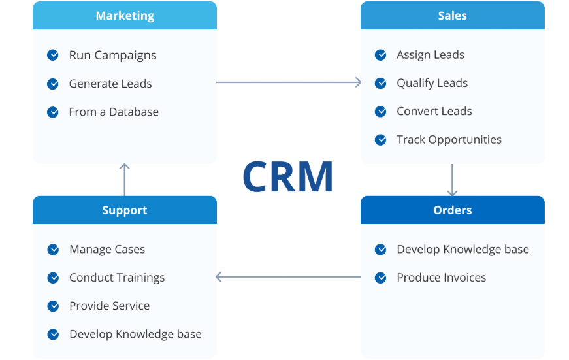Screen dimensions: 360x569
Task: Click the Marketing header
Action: (124, 16)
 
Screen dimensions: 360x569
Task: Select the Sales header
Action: (452, 16)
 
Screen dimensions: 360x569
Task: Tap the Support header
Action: (124, 210)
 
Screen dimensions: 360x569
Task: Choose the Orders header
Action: (452, 210)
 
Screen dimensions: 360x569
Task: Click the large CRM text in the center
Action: (288, 176)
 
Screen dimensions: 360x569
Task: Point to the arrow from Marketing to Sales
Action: (288, 82)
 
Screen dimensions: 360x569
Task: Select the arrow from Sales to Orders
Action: (452, 180)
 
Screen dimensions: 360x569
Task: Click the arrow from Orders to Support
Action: (288, 277)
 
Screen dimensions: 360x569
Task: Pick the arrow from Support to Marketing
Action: (125, 180)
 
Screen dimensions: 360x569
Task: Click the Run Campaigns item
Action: (112, 56)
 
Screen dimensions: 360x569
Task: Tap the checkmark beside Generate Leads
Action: (53, 84)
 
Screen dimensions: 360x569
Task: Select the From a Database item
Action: (114, 112)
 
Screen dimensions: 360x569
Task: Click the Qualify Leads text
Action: (432, 83)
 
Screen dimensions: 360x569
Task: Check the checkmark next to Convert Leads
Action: (381, 111)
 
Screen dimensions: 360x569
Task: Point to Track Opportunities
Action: (449, 139)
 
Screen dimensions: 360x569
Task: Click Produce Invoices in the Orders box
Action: (441, 278)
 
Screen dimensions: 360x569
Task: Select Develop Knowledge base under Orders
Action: (463, 249)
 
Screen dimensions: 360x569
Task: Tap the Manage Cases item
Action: (107, 249)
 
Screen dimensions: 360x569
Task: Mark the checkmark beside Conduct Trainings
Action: (54, 278)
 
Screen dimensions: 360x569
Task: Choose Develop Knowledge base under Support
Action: (135, 334)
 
